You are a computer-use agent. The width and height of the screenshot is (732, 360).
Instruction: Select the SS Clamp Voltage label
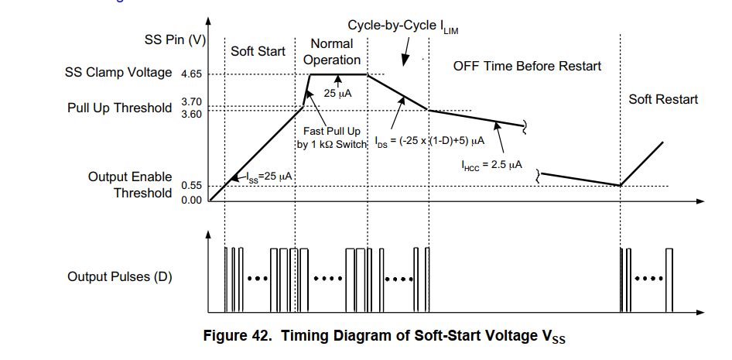[x=118, y=73]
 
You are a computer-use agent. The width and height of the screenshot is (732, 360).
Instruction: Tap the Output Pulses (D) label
[x=119, y=276]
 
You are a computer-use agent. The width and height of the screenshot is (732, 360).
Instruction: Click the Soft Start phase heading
[x=258, y=52]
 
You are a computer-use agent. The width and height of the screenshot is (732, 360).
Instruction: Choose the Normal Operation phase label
[x=330, y=52]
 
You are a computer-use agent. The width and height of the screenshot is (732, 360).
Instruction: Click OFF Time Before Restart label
[x=527, y=66]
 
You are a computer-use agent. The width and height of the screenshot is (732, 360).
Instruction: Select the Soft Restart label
[x=662, y=99]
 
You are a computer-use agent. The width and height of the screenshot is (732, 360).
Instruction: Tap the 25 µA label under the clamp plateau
[x=338, y=94]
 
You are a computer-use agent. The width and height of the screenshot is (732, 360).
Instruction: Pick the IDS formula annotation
[x=429, y=142]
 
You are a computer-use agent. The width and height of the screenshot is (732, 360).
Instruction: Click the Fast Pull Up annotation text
[x=331, y=137]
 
